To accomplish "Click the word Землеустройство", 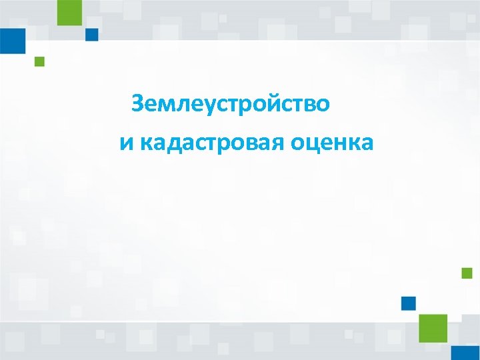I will pos(230,104).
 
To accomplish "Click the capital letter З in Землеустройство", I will pos(138,104).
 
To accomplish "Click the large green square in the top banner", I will pos(69,12).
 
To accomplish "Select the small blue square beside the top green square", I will pos(92,34).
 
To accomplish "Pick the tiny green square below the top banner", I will pos(39,61).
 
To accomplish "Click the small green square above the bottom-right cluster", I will pos(467,273).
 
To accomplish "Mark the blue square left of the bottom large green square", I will pos(409,303).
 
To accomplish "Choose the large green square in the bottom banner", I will pos(433,328).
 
